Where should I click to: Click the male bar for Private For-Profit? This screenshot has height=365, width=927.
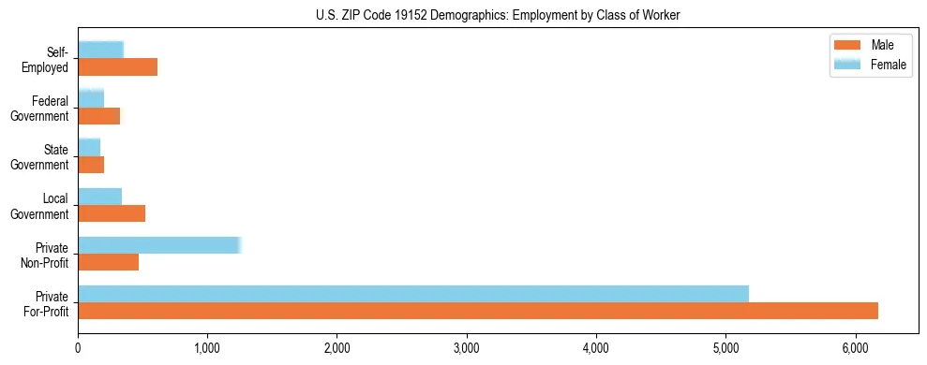tap(478, 311)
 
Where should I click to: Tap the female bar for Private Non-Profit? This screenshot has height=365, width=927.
tap(159, 245)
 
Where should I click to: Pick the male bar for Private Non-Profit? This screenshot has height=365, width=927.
tap(108, 262)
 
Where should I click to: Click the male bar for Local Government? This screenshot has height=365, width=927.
tap(112, 213)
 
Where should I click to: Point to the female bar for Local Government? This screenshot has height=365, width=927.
tap(99, 197)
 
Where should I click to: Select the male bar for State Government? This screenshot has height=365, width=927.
tap(91, 165)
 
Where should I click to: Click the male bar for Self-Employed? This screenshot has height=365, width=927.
tap(117, 67)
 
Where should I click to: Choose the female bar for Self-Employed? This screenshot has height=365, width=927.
tap(100, 50)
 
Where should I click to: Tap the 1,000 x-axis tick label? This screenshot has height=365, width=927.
tap(207, 348)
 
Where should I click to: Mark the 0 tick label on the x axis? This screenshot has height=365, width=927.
tap(78, 348)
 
